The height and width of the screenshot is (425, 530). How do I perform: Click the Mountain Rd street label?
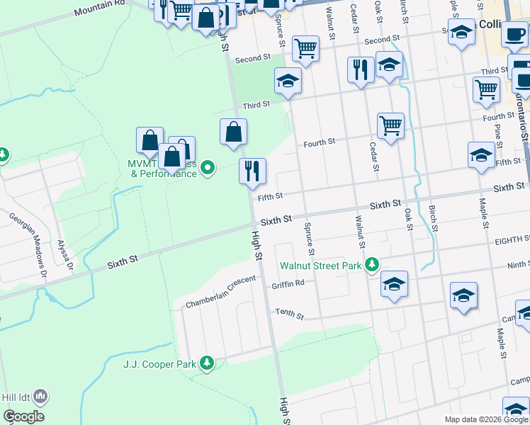pyautogui.click(x=99, y=7)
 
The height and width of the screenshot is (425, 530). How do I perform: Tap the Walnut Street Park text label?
pyautogui.click(x=320, y=266)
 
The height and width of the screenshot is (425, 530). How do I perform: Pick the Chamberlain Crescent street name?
pyautogui.click(x=220, y=292)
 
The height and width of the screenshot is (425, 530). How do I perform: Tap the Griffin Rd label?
pyautogui.click(x=288, y=285)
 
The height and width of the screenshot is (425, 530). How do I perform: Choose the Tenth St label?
pyautogui.click(x=289, y=313)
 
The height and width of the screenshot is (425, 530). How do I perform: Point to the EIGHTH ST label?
pyautogui.click(x=512, y=241)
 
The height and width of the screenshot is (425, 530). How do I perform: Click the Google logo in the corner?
pyautogui.click(x=23, y=416)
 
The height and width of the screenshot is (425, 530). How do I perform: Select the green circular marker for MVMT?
pyautogui.click(x=208, y=168)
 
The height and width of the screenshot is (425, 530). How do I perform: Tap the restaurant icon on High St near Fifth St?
pyautogui.click(x=252, y=171)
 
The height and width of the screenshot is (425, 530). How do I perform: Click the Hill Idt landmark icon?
pyautogui.click(x=40, y=397)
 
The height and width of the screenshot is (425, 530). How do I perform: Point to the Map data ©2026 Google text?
pyautogui.click(x=486, y=419)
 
